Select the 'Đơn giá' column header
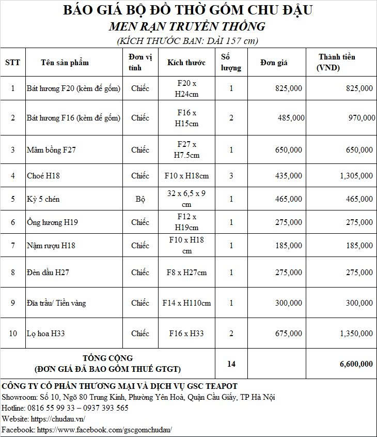(x=274, y=63)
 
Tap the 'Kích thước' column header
(x=186, y=63)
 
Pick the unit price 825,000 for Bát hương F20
(x=289, y=88)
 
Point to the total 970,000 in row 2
(x=362, y=118)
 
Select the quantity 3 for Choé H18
(x=231, y=176)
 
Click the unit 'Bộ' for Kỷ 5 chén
(x=140, y=199)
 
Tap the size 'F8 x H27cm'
(x=186, y=273)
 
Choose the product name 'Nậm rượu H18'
(x=51, y=246)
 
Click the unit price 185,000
(x=289, y=246)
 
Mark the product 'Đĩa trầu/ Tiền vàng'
(x=56, y=303)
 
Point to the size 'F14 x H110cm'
(x=186, y=303)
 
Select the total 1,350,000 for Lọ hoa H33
(x=356, y=334)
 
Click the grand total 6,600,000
(x=356, y=364)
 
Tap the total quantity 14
(x=231, y=364)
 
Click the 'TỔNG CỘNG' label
(x=107, y=358)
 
